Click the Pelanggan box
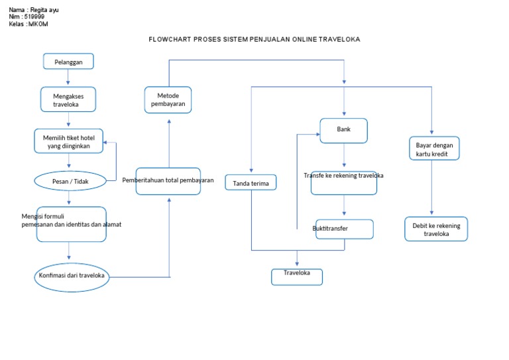(x=68, y=62)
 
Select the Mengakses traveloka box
(x=68, y=100)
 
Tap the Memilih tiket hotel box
(x=69, y=141)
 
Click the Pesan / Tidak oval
(x=70, y=180)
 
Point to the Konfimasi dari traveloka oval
(x=72, y=276)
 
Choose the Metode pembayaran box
(x=168, y=100)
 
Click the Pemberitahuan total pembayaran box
(x=168, y=180)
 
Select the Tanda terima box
(x=251, y=182)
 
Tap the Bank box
(x=343, y=131)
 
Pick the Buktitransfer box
(x=344, y=229)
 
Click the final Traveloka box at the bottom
(x=297, y=276)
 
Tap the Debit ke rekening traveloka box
(x=435, y=229)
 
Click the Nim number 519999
(x=34, y=17)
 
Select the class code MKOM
(x=38, y=25)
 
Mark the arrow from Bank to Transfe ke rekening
(x=343, y=156)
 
